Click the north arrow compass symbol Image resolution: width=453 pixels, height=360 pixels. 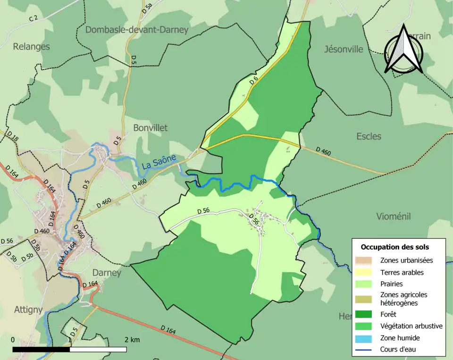point(403,50)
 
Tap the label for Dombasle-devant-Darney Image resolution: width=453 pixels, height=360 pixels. point(137,30)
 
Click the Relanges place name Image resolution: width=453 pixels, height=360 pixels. point(31,46)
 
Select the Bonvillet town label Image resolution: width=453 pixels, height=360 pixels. point(150,128)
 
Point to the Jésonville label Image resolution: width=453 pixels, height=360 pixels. point(344,49)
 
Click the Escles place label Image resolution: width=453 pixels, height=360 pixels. point(369,136)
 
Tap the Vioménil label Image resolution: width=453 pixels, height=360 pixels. point(394,216)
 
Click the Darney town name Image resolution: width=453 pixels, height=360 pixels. point(107,273)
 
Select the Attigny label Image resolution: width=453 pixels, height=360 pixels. point(28,310)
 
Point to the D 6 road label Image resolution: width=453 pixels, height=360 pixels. point(254,81)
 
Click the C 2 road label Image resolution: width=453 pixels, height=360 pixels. point(33,18)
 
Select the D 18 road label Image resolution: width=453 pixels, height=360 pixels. point(13,137)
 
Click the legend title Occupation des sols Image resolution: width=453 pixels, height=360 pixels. point(394,247)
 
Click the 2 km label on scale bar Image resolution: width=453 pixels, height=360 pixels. point(132,340)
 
